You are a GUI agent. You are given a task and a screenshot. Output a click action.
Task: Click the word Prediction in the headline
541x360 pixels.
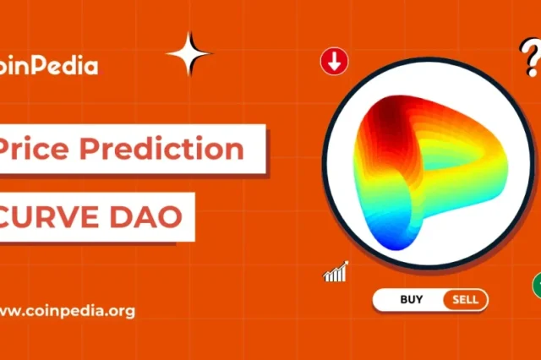point(161,148)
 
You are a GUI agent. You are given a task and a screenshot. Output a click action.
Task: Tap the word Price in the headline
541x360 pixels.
point(34,148)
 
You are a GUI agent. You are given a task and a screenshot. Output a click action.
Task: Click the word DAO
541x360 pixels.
point(145,217)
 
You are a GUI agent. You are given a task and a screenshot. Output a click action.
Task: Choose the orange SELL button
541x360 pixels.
point(466,299)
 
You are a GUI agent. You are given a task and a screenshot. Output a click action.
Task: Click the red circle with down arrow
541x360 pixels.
point(334,62)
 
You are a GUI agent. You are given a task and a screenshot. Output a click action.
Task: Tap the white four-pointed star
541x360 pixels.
point(189,53)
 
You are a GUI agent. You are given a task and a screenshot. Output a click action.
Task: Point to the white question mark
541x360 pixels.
point(530,57)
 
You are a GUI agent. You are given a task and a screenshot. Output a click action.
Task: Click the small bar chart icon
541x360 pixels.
point(336,272)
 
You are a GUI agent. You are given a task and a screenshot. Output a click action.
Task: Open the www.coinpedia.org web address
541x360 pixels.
point(68,311)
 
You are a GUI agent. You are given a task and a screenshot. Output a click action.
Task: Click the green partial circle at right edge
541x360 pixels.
point(538,285)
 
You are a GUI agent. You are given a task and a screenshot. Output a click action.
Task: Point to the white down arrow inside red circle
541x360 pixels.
point(334,62)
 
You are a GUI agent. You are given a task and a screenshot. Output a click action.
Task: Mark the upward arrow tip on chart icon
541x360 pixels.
point(347,263)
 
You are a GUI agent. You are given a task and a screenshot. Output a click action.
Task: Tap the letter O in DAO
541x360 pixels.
point(170,217)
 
